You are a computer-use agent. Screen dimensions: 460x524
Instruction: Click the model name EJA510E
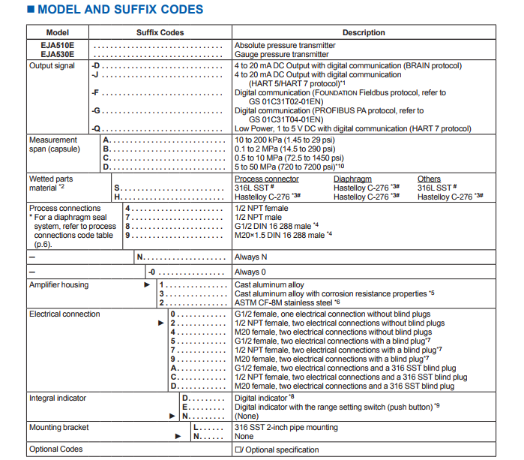58,45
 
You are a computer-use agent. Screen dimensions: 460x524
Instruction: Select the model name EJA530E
58,54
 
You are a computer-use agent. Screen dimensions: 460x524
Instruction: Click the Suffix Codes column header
159,33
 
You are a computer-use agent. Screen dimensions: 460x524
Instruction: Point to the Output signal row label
52,66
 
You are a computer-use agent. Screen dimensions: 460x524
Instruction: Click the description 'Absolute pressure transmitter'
281,45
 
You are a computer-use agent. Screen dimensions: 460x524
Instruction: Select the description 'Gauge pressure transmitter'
281,54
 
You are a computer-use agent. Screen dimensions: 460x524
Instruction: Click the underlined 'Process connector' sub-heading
266,179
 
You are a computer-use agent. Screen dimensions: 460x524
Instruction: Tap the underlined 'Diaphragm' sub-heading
352,179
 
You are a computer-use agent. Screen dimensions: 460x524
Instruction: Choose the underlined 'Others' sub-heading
429,179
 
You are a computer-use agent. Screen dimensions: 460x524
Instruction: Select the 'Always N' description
251,257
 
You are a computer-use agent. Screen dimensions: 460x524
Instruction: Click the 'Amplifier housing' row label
58,285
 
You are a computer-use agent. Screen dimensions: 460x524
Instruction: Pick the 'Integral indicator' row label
58,398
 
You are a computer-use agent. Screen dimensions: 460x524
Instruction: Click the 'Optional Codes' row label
56,449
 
